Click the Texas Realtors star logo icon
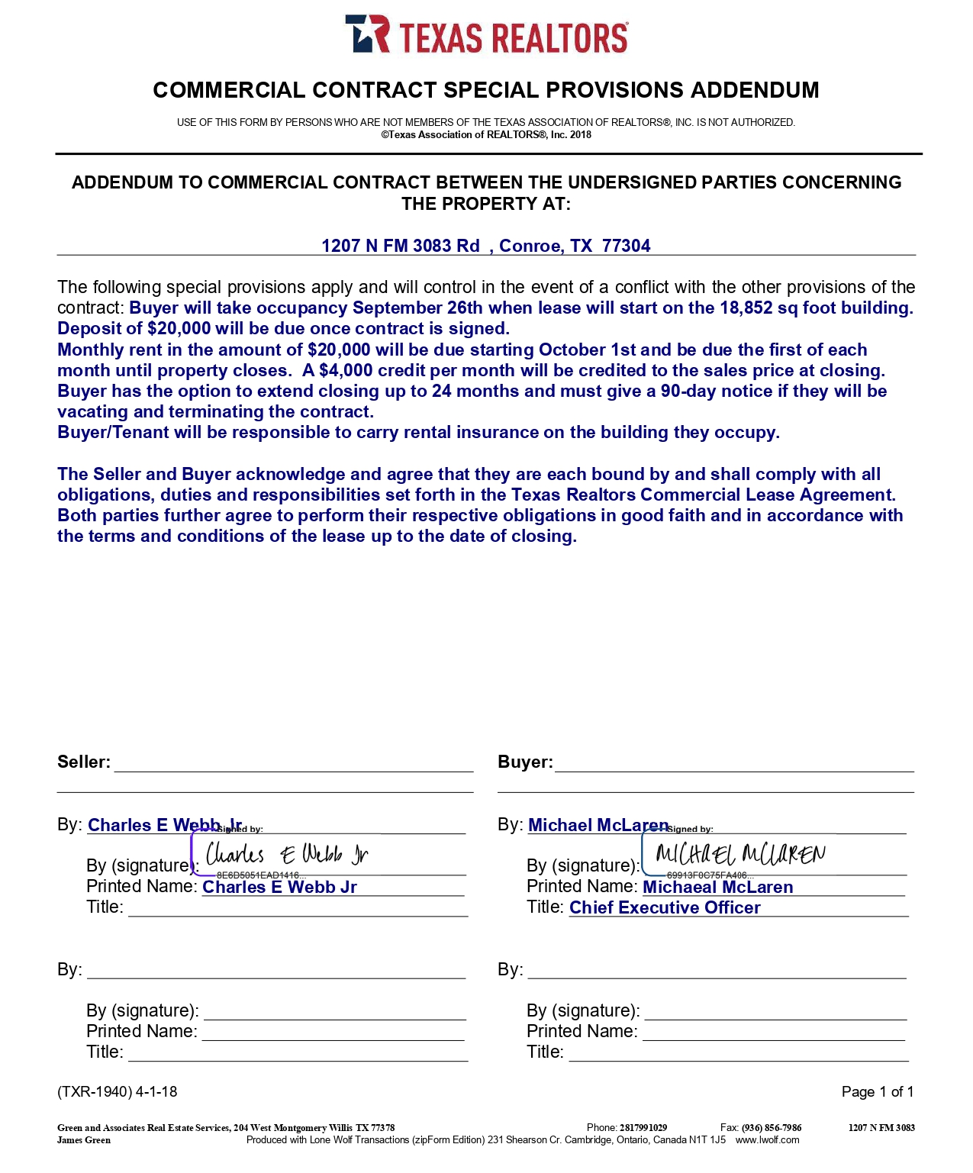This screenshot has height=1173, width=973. (367, 34)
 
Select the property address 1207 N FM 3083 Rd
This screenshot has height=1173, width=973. (401, 246)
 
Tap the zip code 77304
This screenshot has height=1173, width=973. (626, 246)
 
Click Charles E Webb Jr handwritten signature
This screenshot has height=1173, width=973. (287, 854)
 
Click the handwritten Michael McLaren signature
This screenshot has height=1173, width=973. (739, 854)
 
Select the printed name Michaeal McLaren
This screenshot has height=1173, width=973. (717, 888)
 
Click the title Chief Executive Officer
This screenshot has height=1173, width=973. (665, 908)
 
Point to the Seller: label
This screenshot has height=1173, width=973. (84, 762)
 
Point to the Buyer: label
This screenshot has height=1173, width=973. (525, 762)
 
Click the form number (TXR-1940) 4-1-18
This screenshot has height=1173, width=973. (117, 1092)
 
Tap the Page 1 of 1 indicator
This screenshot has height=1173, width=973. (877, 1092)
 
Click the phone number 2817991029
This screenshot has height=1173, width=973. (643, 1128)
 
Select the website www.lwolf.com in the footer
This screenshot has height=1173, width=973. (767, 1140)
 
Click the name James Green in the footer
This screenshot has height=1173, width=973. (84, 1140)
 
